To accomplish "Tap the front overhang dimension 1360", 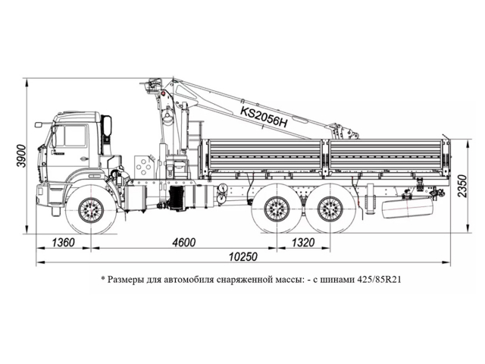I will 64,242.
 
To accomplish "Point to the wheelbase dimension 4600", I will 184,242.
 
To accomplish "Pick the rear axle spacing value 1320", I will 302,242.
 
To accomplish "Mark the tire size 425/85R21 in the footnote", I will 376,278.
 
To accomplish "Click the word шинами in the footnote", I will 330,278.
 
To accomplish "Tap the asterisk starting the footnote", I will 102,278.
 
